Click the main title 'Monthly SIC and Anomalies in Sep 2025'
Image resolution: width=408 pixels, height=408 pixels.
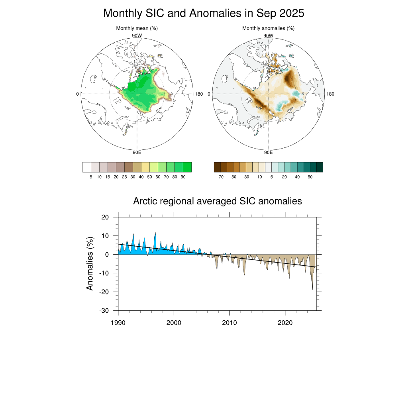pos(204,13)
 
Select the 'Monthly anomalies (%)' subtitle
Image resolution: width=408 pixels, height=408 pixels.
pos(268,28)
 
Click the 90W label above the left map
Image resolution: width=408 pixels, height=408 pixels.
pos(137,35)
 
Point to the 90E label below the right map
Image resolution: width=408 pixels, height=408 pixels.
pos(269,152)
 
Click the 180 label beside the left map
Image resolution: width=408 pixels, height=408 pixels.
pos(199,94)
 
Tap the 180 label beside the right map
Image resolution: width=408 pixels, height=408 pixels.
pos(330,94)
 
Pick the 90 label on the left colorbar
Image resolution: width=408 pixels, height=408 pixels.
pos(183,177)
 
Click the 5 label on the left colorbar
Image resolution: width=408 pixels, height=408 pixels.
pos(91,177)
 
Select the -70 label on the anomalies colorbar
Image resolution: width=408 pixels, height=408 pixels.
pos(220,177)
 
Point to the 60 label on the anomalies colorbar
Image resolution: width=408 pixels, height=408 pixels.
pos(310,177)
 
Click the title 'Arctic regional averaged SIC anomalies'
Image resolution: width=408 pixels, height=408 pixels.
pos(218,201)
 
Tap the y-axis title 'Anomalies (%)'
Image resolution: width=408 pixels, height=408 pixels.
pos(90,263)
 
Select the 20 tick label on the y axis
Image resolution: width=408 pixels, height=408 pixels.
pos(105,217)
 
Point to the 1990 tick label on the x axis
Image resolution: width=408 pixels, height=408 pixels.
pos(118,322)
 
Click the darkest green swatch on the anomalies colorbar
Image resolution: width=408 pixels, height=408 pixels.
pos(320,167)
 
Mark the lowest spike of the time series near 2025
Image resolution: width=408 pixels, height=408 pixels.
pos(312,290)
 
